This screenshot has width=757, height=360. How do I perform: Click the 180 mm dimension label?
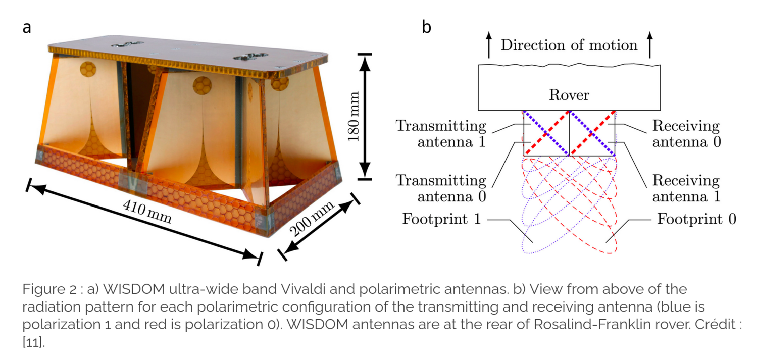point(353,116)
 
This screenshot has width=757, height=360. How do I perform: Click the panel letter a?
point(27,27)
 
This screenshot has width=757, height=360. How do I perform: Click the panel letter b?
point(426,27)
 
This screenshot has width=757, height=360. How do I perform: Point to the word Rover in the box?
point(569,95)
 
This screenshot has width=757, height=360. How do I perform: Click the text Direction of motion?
point(569,45)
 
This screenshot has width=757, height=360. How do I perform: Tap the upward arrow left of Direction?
point(488,44)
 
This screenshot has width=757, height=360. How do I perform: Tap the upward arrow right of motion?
point(650,44)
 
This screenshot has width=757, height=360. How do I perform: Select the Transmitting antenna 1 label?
point(441,133)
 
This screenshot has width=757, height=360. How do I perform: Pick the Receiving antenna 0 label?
point(686,133)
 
